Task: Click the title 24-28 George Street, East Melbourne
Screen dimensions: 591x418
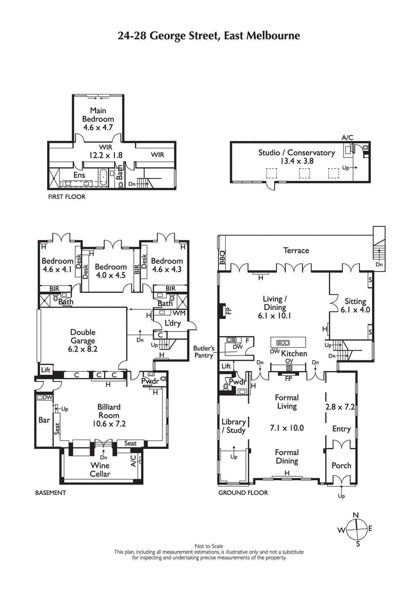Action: pyautogui.click(x=208, y=36)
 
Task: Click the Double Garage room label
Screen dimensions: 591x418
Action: pyautogui.click(x=83, y=336)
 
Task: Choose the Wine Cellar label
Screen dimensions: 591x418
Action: pyautogui.click(x=100, y=469)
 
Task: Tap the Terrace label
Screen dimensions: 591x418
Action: pyautogui.click(x=296, y=251)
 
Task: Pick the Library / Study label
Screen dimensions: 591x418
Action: pyautogui.click(x=233, y=426)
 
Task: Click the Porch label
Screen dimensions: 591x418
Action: pyautogui.click(x=341, y=465)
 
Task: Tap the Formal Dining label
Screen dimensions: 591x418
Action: pyautogui.click(x=287, y=457)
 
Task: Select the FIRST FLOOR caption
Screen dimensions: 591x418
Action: pyautogui.click(x=66, y=197)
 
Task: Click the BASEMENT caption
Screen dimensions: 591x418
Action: pyautogui.click(x=50, y=492)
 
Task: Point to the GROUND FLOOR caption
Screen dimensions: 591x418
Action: pyautogui.click(x=243, y=492)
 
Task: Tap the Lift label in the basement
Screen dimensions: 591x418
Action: pyautogui.click(x=44, y=370)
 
